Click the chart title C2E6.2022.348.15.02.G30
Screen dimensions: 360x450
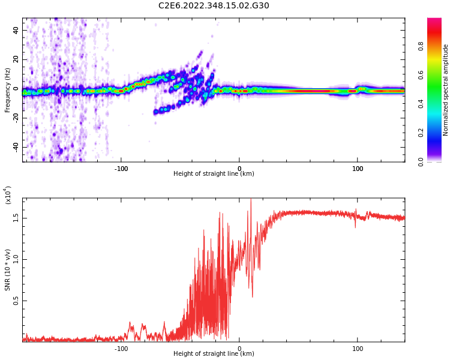(x=214, y=6)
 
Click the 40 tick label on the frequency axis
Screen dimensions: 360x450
(x=16, y=30)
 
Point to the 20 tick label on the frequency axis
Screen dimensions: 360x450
(x=16, y=59)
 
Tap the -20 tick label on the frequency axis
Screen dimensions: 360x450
(x=16, y=118)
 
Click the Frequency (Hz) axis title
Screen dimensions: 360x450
(x=7, y=90)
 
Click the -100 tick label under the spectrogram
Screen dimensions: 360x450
(x=121, y=169)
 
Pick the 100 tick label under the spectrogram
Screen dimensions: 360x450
(x=358, y=169)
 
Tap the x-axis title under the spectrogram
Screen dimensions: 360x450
(x=214, y=174)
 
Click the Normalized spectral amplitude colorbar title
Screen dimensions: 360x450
(x=446, y=90)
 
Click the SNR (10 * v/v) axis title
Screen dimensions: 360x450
(x=8, y=270)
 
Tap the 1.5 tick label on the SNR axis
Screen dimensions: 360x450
(x=16, y=218)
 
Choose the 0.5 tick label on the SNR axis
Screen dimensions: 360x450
(x=16, y=301)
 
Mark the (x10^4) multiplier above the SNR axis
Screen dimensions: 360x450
(x=8, y=195)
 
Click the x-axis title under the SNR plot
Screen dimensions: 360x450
(x=214, y=354)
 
